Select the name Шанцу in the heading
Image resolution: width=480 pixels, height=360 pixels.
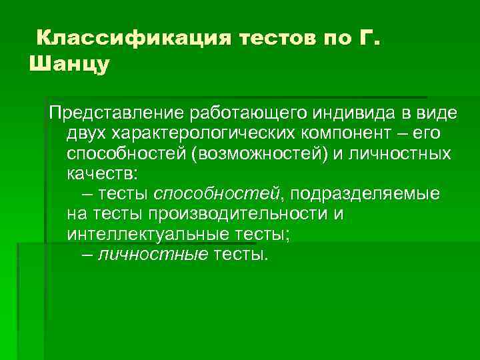pos(69,65)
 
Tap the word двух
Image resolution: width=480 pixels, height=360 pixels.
pos(85,133)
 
